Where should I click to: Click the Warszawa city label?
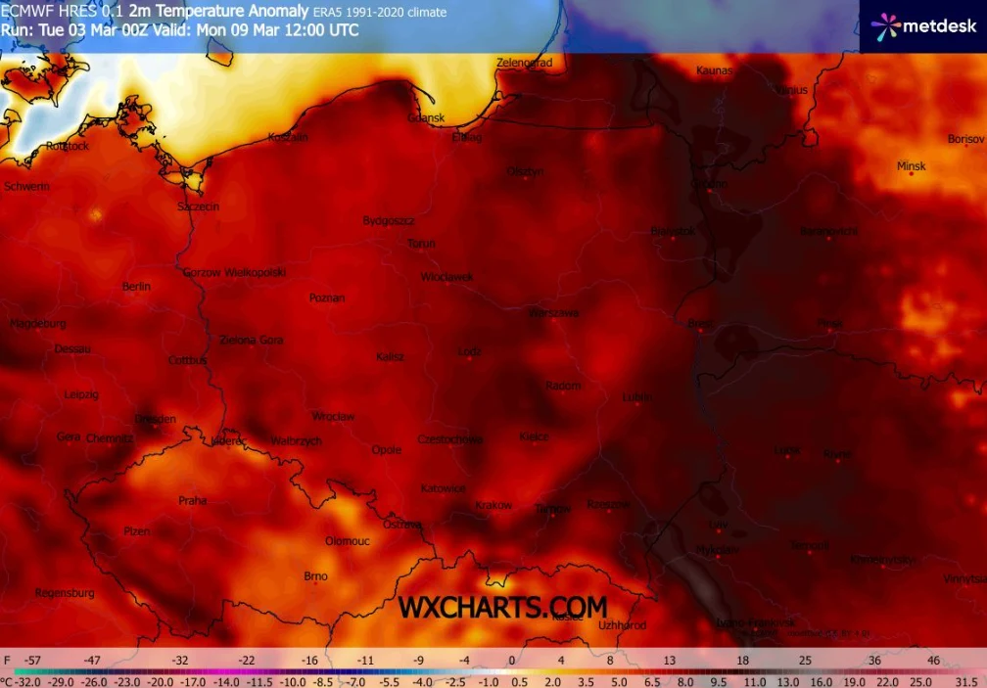(x=553, y=313)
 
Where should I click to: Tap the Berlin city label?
(x=136, y=287)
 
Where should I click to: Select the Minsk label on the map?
(x=911, y=166)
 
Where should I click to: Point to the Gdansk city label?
(x=426, y=118)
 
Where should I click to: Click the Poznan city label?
(x=326, y=298)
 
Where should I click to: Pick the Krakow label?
(x=493, y=506)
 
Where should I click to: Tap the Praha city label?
(x=193, y=500)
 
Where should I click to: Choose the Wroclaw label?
(x=333, y=417)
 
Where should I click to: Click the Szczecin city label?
(x=198, y=207)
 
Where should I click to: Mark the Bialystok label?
(x=673, y=231)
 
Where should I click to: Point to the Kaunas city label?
(x=714, y=70)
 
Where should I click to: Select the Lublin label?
(x=636, y=397)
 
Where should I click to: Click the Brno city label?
(x=315, y=576)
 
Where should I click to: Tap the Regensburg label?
(x=65, y=593)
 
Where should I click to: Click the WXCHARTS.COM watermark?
(x=502, y=608)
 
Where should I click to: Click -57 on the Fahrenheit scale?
(x=33, y=661)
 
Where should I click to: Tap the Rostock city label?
(x=68, y=146)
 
